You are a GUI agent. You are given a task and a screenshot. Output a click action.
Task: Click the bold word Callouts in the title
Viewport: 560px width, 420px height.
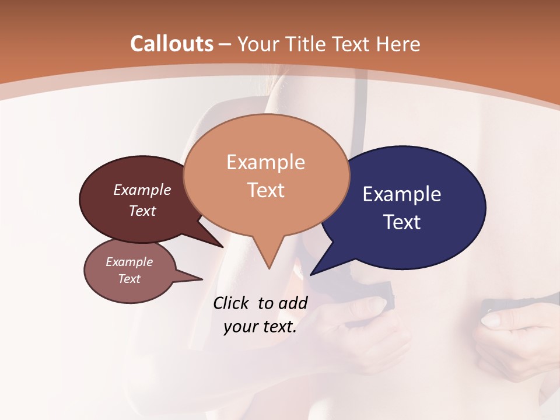(x=172, y=44)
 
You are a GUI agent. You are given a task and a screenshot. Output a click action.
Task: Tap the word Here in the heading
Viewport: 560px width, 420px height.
(x=400, y=44)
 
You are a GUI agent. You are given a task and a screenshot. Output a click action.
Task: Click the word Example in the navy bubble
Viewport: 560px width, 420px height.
(x=402, y=194)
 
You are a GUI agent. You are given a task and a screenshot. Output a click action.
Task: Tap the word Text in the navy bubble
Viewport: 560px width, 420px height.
(x=402, y=222)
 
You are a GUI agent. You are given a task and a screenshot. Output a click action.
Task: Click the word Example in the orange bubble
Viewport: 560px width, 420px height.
(x=265, y=162)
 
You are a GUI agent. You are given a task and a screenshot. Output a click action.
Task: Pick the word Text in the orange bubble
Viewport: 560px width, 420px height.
(x=265, y=190)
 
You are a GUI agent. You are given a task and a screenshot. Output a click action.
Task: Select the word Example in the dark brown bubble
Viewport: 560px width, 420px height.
(x=142, y=190)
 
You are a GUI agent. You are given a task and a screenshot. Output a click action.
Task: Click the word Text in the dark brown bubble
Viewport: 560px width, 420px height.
(x=142, y=211)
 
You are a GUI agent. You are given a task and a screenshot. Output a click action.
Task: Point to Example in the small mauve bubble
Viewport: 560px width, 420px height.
(x=129, y=262)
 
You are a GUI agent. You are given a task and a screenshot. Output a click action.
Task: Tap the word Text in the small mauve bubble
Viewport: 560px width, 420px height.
(x=129, y=279)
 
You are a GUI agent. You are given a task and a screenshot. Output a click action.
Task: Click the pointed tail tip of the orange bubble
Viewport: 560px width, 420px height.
(x=269, y=268)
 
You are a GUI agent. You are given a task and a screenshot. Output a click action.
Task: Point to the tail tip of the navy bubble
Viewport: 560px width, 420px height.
(x=311, y=274)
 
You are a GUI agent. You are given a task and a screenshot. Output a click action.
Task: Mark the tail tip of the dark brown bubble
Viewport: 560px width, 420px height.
(x=223, y=247)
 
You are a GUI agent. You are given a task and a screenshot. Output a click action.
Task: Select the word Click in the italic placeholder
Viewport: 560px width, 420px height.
(x=232, y=303)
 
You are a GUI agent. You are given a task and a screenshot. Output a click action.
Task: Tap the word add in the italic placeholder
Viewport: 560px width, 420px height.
(x=293, y=303)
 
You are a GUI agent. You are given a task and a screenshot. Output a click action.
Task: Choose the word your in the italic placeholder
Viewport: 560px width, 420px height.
(x=240, y=327)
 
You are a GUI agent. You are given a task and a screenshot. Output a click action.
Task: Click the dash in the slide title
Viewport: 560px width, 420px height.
(x=225, y=44)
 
